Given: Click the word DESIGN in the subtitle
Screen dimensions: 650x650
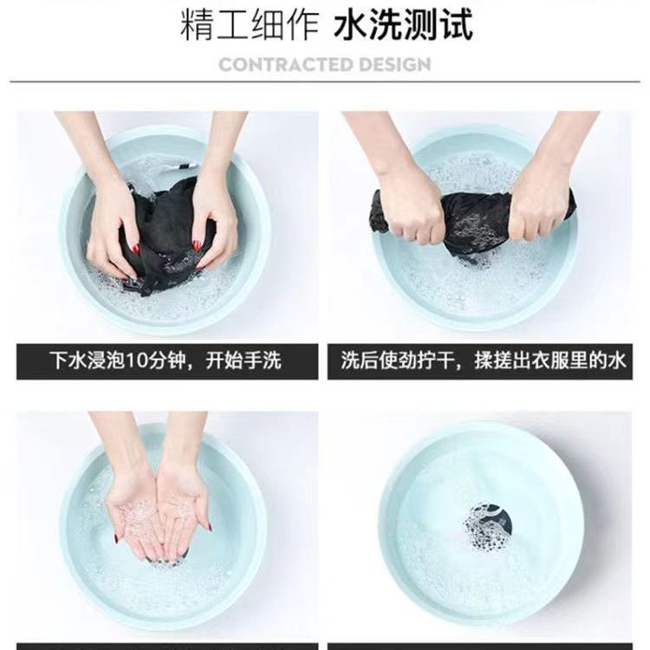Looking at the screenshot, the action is pyautogui.click(x=395, y=65).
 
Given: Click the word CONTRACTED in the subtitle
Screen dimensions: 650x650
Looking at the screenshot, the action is pyautogui.click(x=286, y=65).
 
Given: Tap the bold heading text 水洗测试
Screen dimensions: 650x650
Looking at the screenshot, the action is pyautogui.click(x=403, y=25).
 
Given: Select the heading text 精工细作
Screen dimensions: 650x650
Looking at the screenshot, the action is pyautogui.click(x=250, y=25).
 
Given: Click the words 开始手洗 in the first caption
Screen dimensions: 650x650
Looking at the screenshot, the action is pyautogui.click(x=244, y=361).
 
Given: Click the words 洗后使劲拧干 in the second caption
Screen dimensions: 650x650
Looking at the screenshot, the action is pyautogui.click(x=397, y=361).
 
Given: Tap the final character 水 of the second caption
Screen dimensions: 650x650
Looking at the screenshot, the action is pyautogui.click(x=616, y=361).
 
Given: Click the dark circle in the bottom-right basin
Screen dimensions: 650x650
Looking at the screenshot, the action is pyautogui.click(x=487, y=526).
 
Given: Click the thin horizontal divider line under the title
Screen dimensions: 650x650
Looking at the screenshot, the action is pyautogui.click(x=325, y=81).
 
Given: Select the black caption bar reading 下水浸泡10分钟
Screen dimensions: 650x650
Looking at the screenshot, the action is pyautogui.click(x=167, y=361).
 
